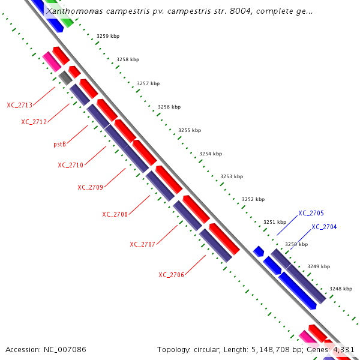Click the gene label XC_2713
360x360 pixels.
[20, 105]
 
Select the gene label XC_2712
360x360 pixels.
[34, 122]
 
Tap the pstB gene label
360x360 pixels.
[59, 144]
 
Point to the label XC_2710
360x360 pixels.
[70, 165]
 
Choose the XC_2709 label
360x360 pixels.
[90, 187]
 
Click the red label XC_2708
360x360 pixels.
[115, 214]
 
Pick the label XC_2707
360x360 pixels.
[142, 244]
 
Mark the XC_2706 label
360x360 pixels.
[171, 275]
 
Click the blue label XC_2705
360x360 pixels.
[311, 213]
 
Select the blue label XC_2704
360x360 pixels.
[324, 227]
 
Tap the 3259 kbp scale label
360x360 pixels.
[108, 37]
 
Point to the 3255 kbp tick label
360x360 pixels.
[189, 130]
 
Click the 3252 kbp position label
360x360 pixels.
[253, 199]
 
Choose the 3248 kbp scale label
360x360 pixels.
[340, 289]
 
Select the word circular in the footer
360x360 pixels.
[211, 349]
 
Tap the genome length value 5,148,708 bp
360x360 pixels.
[289, 349]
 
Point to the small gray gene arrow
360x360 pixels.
[65, 77]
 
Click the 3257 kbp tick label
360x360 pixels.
[148, 83]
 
